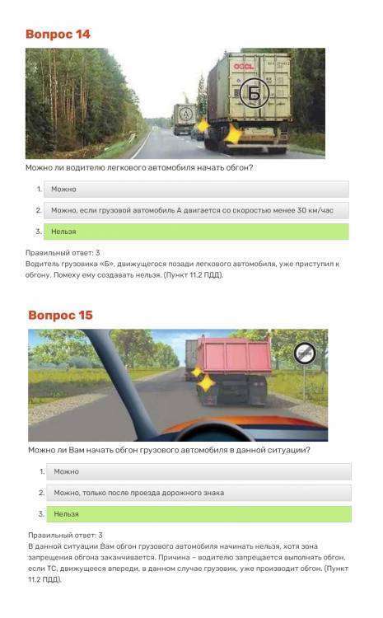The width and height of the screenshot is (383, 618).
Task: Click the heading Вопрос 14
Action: (x=58, y=35)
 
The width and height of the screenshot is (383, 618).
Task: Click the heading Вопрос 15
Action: (x=60, y=316)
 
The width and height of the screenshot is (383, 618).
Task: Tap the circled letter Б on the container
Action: (x=255, y=93)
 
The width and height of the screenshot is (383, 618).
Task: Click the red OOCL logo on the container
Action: (x=244, y=66)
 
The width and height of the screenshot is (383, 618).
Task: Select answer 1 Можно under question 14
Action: (x=196, y=190)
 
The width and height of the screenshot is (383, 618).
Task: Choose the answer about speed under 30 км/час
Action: (x=196, y=210)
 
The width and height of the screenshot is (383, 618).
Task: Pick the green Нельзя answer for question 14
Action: (x=196, y=232)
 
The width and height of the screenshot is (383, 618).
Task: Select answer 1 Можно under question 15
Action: (x=199, y=471)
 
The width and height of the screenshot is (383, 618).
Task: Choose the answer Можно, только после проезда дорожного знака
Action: (x=199, y=493)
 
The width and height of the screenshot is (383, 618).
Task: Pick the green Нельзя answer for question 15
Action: (x=199, y=514)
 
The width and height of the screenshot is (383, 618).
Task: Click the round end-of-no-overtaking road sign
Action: (x=305, y=353)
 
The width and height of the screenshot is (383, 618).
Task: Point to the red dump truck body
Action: (x=234, y=354)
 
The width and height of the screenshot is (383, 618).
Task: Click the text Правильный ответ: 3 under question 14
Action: (x=63, y=253)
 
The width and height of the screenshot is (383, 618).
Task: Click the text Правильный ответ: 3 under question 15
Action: (x=65, y=536)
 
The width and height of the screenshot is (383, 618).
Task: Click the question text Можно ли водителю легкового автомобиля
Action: (x=139, y=168)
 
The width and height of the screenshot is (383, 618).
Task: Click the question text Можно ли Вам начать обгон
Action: (x=169, y=450)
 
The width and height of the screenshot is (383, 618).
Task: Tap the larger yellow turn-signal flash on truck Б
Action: (x=233, y=134)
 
